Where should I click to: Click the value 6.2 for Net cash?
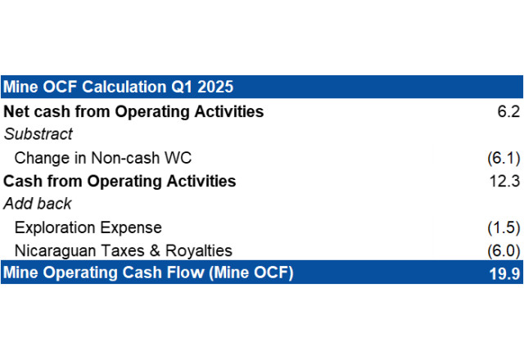coord(508,111)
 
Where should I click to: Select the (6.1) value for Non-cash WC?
coord(504,158)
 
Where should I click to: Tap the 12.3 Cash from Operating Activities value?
coord(504,181)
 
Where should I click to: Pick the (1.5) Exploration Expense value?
coord(504,227)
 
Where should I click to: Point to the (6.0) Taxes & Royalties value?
coord(504,251)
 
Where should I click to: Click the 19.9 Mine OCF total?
coord(504,273)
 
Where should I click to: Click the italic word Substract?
coord(38,134)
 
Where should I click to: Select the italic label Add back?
coord(38,204)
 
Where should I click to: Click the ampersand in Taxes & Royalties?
coord(155,251)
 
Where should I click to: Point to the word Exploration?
coord(55,227)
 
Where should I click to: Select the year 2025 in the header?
coord(215,87)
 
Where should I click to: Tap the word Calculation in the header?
coord(124,87)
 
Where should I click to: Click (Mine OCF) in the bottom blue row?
coord(251,272)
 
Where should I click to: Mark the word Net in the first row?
coord(16,111)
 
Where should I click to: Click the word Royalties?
coord(199,251)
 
